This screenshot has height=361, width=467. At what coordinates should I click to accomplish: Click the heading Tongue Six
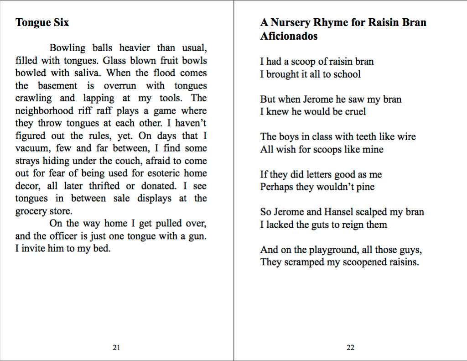click(42, 22)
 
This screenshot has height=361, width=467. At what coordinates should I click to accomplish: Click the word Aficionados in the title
click(289, 36)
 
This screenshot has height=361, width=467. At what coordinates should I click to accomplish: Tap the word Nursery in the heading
click(303, 22)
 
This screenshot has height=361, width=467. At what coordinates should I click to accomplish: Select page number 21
click(116, 347)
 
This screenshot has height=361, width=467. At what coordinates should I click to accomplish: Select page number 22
click(350, 347)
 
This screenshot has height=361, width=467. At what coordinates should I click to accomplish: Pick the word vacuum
click(31, 148)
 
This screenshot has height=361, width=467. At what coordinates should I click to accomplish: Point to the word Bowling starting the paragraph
click(67, 48)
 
